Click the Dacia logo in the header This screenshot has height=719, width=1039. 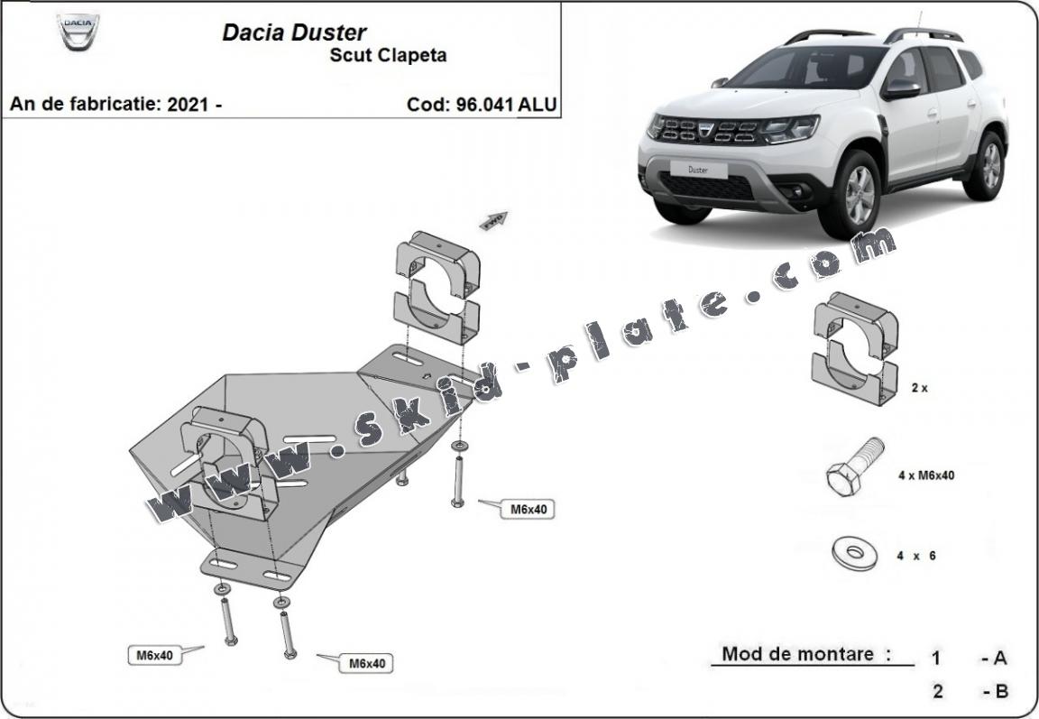pyautogui.click(x=78, y=33)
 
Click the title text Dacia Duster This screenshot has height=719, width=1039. pyautogui.click(x=294, y=32)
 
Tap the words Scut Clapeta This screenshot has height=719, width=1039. pyautogui.click(x=388, y=55)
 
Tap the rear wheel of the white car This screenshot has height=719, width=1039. pyautogui.click(x=986, y=166)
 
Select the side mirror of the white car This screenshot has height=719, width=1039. pyautogui.click(x=900, y=88)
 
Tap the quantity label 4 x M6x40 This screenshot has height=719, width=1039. pyautogui.click(x=926, y=475)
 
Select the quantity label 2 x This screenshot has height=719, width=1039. pyautogui.click(x=919, y=387)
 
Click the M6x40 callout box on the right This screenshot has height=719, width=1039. pyautogui.click(x=529, y=509)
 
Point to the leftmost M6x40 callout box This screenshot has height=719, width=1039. pyautogui.click(x=155, y=656)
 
